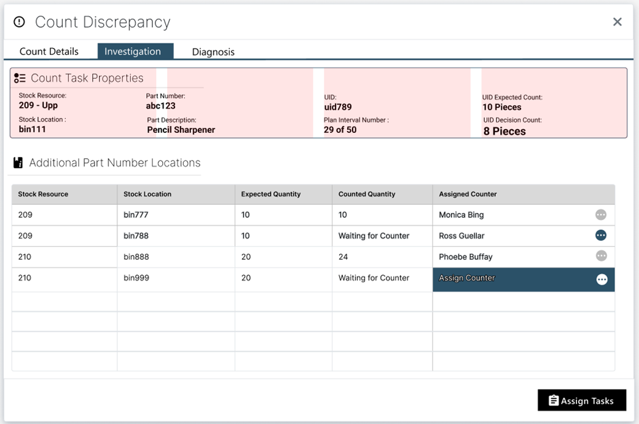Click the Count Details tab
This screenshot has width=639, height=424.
(x=49, y=52)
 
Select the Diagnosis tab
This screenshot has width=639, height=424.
(x=213, y=52)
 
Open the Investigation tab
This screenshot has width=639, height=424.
(x=133, y=52)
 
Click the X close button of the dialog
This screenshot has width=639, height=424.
(x=617, y=22)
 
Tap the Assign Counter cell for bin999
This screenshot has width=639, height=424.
(x=467, y=278)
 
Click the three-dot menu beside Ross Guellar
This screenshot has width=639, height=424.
(x=601, y=235)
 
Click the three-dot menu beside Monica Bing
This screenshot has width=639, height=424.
(x=601, y=215)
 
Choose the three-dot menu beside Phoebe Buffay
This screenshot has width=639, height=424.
(x=601, y=256)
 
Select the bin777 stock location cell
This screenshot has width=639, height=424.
(x=136, y=215)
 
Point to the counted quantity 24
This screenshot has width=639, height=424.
(x=343, y=257)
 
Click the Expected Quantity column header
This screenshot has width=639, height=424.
(x=271, y=194)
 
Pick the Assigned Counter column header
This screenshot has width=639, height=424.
(x=468, y=194)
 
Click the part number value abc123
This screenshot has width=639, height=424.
(x=161, y=106)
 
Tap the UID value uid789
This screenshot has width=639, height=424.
(x=338, y=107)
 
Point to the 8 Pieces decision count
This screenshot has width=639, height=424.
(x=504, y=131)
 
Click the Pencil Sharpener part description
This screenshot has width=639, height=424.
(x=181, y=130)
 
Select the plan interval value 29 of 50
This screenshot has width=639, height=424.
(x=340, y=130)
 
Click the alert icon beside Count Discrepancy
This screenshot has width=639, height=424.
(x=20, y=22)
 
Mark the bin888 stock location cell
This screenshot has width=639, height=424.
(x=136, y=257)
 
